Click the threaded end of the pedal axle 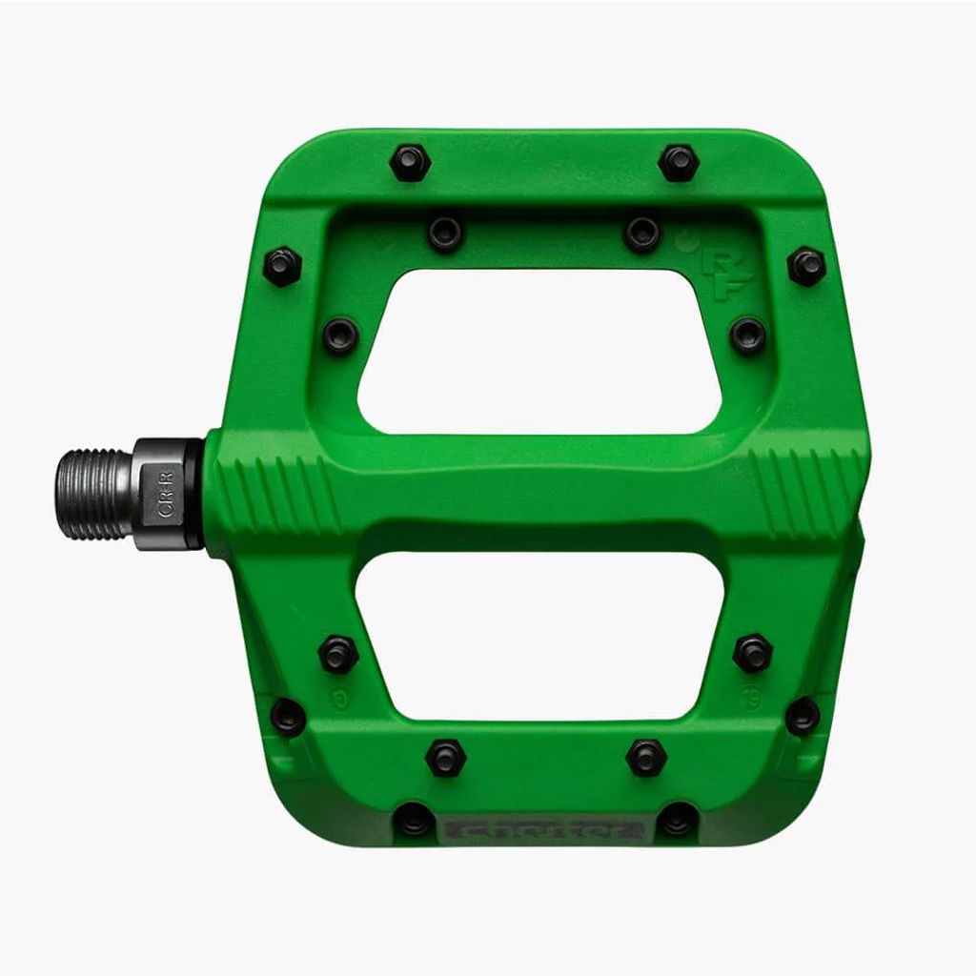91,494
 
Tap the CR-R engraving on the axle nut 166,495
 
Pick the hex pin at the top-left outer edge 410,163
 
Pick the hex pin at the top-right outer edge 679,163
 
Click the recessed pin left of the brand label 413,819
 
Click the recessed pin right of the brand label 678,819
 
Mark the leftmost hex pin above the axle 282,266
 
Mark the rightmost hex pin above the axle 806,266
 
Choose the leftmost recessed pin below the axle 288,716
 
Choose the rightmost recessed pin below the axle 803,716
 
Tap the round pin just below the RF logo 747,335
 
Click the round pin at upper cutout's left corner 340,335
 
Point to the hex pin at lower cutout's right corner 752,653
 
